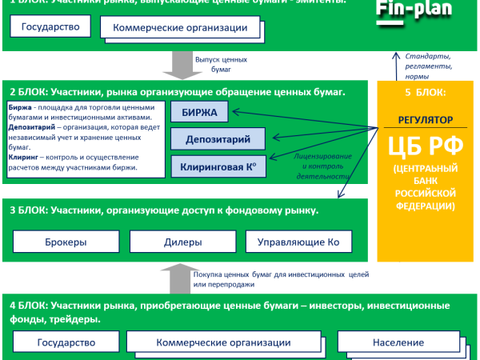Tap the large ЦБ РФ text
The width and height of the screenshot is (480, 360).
click(425, 148)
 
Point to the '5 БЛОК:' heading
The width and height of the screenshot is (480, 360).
click(425, 92)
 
